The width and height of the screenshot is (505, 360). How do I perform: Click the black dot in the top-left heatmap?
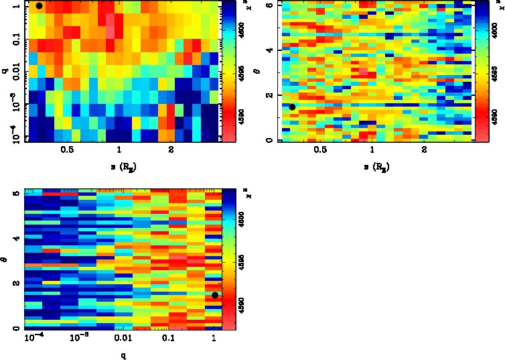pos(39,6)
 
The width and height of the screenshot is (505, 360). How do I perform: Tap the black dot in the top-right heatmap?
pos(292,107)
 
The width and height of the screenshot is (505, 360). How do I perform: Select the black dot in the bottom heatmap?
pos(215,296)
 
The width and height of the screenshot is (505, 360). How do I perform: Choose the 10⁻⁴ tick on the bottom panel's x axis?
pos(33,339)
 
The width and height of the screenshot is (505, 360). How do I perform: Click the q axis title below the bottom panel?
pos(123,355)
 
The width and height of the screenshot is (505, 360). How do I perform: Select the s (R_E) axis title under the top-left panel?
pos(119,164)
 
